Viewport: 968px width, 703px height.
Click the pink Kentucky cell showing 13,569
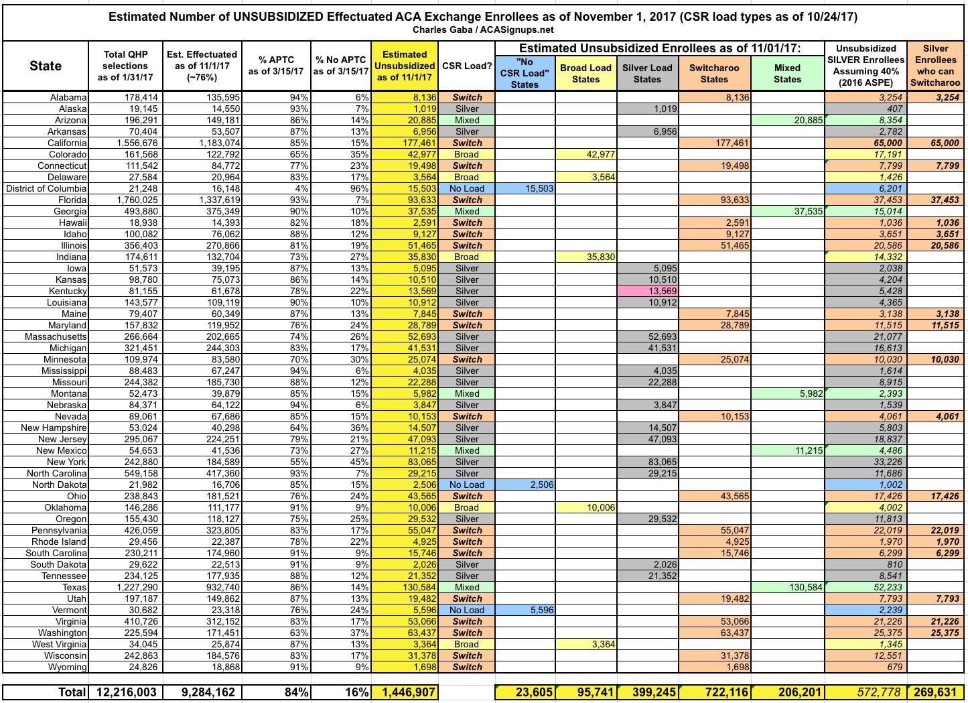coord(647,291)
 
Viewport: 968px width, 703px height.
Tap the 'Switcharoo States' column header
coord(714,73)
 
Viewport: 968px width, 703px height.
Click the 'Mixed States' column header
coord(787,73)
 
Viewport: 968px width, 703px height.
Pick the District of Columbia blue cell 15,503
coord(525,188)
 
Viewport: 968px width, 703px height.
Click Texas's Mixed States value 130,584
coord(787,587)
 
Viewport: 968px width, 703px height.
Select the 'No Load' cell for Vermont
coord(467,610)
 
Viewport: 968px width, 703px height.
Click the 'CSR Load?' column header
coord(467,66)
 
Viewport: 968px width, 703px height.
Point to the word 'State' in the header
coord(46,66)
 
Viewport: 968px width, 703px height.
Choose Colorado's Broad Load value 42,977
coord(585,154)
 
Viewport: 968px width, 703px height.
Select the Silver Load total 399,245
coord(647,692)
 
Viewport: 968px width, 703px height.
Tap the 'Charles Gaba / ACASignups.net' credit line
coord(484,29)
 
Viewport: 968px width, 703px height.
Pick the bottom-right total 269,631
coord(935,692)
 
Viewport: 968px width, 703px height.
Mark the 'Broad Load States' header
coord(585,73)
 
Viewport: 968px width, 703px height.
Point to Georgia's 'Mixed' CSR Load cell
coord(467,211)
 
